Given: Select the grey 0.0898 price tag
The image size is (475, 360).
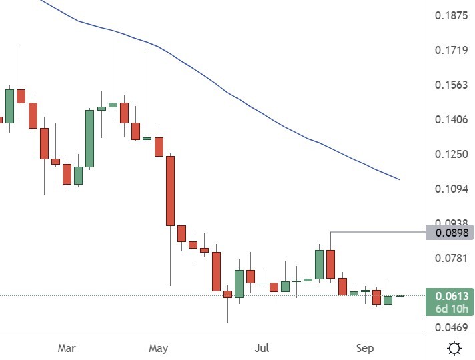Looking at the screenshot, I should click(x=450, y=233).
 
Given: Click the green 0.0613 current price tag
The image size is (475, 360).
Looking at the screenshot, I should click(x=450, y=297).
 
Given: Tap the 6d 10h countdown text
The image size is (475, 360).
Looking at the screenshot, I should click(x=450, y=309).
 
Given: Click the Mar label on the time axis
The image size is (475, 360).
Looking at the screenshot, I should click(x=67, y=348).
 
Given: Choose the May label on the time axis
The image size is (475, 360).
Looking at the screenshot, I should click(x=158, y=348).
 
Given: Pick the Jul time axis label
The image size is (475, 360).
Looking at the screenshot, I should click(x=262, y=348).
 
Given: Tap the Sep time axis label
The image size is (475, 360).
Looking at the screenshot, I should click(x=364, y=348).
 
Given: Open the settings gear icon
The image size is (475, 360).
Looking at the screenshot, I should click(x=454, y=348).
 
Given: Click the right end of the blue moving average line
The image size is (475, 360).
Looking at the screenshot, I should click(x=399, y=179).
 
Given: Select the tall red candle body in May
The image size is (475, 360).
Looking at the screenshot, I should click(x=170, y=191).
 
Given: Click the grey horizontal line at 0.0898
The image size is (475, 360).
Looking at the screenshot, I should click(x=377, y=232).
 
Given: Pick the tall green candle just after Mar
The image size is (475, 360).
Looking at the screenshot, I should click(x=89, y=138).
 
